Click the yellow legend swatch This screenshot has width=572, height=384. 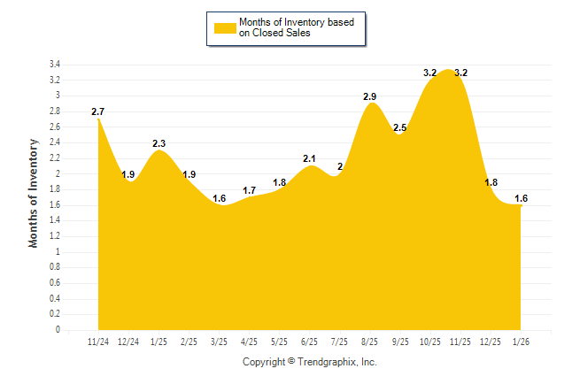225,27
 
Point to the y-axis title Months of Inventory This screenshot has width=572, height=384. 34,192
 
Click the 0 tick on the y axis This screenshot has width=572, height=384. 57,330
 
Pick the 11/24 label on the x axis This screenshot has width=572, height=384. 98,342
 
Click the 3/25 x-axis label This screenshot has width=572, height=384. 219,342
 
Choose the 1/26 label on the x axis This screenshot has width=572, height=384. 521,342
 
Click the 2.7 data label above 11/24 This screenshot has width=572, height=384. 98,112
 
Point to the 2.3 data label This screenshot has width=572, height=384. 159,143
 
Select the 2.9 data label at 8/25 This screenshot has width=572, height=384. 370,96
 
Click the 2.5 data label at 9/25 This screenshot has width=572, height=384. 400,128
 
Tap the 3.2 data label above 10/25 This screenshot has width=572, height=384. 430,73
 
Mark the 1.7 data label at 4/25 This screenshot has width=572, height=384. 249,190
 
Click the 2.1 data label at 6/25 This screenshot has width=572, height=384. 310,159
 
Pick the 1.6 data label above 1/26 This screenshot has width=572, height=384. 521,198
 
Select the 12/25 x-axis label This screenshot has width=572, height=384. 491,342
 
